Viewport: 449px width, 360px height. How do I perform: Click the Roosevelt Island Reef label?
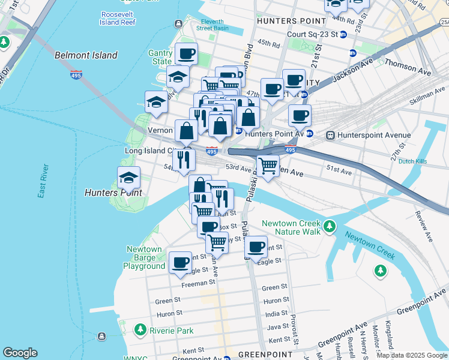click(x=120, y=17)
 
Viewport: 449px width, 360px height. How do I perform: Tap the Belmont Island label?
click(x=86, y=55)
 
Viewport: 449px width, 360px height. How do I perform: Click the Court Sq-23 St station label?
click(x=312, y=35)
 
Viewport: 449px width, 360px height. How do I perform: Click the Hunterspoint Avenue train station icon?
click(x=330, y=136)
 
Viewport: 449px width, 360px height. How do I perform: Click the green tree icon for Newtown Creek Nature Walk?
click(x=329, y=227)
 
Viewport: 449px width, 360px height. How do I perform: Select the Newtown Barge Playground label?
click(x=144, y=257)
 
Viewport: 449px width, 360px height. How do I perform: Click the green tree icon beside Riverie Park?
click(x=140, y=329)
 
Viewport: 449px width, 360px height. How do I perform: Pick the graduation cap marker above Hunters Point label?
click(x=128, y=178)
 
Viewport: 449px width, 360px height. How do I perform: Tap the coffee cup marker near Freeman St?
click(x=180, y=262)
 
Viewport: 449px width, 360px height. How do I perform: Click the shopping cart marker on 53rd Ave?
click(x=268, y=164)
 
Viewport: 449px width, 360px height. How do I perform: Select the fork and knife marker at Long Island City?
click(x=184, y=159)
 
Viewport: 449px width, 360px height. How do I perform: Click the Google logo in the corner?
click(x=20, y=353)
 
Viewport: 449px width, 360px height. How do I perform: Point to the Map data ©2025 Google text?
click(x=412, y=355)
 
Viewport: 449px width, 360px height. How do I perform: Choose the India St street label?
click(x=276, y=314)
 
